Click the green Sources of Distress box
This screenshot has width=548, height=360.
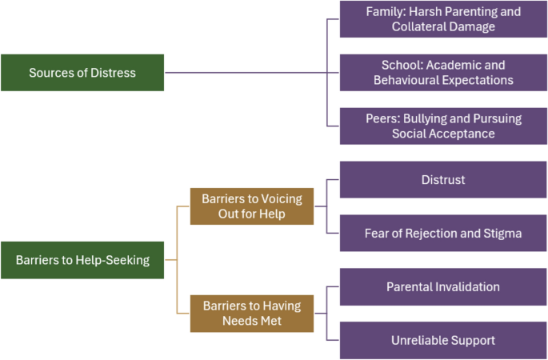pyautogui.click(x=82, y=73)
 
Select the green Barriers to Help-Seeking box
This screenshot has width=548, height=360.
pyautogui.click(x=82, y=260)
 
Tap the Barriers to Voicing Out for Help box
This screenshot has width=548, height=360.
pyautogui.click(x=252, y=206)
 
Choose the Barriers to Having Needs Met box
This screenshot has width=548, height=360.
pyautogui.click(x=252, y=313)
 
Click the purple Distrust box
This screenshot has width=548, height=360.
pyautogui.click(x=442, y=180)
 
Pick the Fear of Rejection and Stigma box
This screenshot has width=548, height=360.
pyautogui.click(x=442, y=234)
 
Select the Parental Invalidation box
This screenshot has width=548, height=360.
pyautogui.click(x=442, y=286)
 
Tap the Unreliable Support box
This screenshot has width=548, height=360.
pyautogui.click(x=442, y=340)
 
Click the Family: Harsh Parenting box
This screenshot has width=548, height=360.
pyautogui.click(x=442, y=19)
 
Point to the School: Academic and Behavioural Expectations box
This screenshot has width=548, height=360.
pyautogui.click(x=442, y=73)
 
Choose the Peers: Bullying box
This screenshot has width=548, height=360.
pyautogui.click(x=442, y=126)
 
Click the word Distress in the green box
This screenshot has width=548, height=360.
pyautogui.click(x=112, y=73)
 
